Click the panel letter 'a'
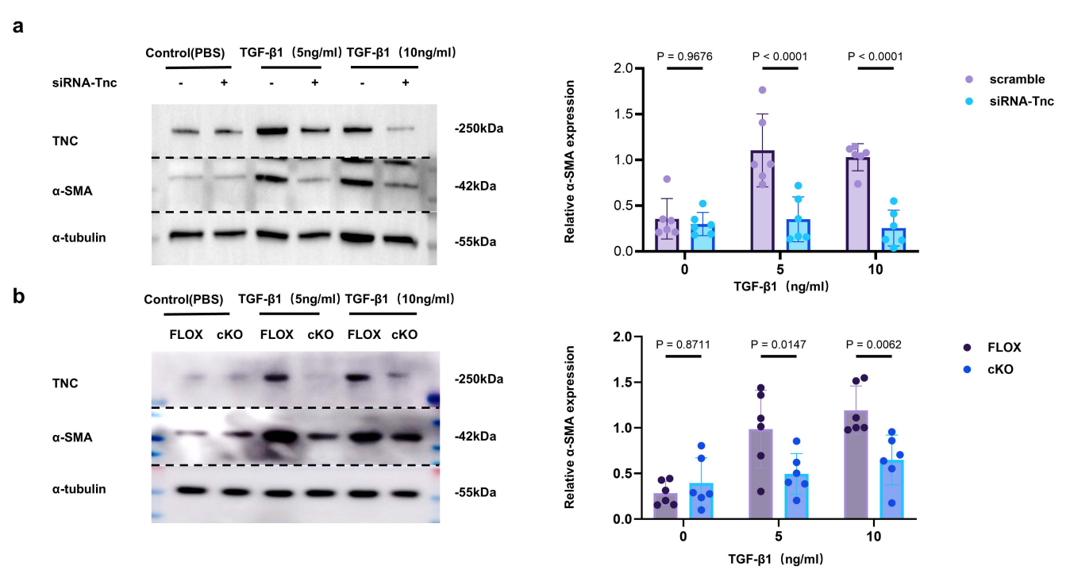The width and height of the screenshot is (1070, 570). [x=18, y=25]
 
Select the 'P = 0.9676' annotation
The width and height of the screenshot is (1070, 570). [x=684, y=56]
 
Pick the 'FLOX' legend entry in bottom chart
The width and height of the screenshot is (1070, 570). [x=1004, y=347]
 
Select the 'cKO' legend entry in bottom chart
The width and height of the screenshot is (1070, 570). [x=1000, y=370]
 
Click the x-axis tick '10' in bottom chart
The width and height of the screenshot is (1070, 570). [x=874, y=537]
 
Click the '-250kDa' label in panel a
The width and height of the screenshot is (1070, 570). [x=479, y=128]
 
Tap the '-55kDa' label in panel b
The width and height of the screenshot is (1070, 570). [x=476, y=491]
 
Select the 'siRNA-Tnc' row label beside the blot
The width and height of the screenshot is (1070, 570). [x=90, y=83]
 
